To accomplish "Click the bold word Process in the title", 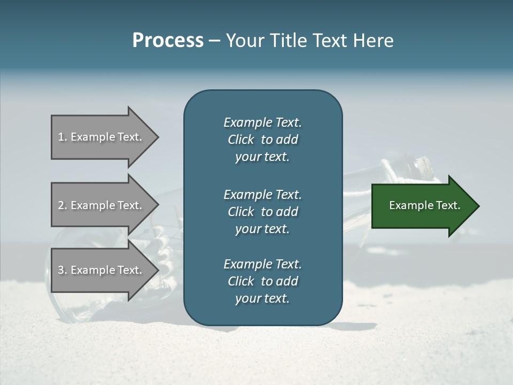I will pos(168,41).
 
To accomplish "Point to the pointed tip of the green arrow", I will pos(478,206).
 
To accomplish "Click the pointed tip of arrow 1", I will pos(157,137).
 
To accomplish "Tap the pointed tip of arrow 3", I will pos(157,270).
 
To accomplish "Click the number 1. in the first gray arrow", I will pos(63,137).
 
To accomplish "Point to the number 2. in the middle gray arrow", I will pos(63,205).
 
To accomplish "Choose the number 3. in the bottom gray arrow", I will pos(63,270).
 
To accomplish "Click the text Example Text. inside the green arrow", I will pos(425,205).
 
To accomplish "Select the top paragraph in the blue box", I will pos(262,140).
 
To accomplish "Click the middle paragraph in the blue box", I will pos(262,212).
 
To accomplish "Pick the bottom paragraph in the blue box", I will pos(262,281).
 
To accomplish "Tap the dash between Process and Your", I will pos(214,41).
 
